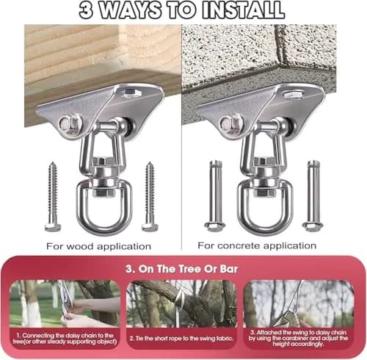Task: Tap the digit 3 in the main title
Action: pos(87,11)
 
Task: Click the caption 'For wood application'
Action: pos(98,246)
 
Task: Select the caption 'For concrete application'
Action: pos(257,245)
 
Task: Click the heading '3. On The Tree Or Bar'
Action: pos(181,269)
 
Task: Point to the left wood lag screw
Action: pos(53,197)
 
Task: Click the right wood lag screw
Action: pos(150,197)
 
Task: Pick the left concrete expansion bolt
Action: pos(215,196)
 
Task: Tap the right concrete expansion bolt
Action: pos(313,196)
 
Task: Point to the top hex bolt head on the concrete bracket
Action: pos(293,94)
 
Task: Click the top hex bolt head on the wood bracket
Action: pos(132,93)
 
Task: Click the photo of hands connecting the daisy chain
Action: pos(65,303)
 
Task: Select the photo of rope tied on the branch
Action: pos(181,303)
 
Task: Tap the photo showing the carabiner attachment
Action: pos(299,303)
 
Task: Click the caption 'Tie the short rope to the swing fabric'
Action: pos(181,339)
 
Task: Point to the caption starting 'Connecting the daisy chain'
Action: pos(65,338)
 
